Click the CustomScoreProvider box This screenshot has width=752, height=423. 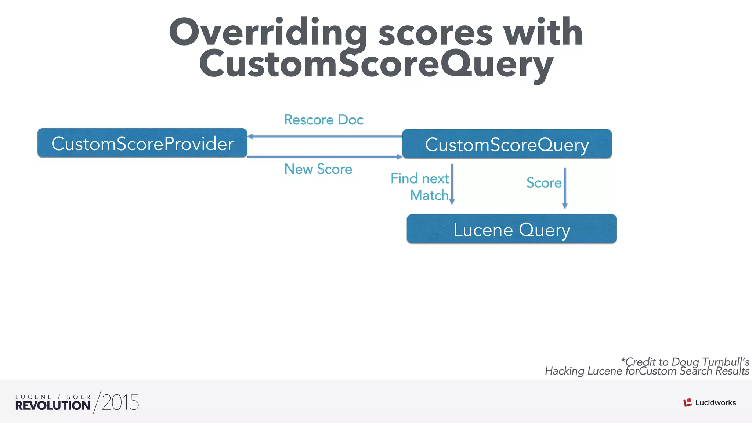point(142,143)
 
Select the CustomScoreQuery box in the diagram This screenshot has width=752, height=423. point(507,144)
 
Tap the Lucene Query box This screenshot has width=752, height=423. point(511,229)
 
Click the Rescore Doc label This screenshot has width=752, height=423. point(323,120)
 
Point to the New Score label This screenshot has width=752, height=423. point(318,169)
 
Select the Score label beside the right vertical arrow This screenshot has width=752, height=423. point(544,182)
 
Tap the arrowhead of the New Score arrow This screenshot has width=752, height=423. point(399,157)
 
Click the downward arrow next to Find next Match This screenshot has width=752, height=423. point(452,184)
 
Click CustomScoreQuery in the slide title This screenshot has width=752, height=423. point(376,64)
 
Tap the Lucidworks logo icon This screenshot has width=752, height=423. point(687,402)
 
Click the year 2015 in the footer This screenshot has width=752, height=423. point(120,403)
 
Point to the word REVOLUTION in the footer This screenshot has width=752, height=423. point(53,405)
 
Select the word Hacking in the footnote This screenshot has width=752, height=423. point(565,371)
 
